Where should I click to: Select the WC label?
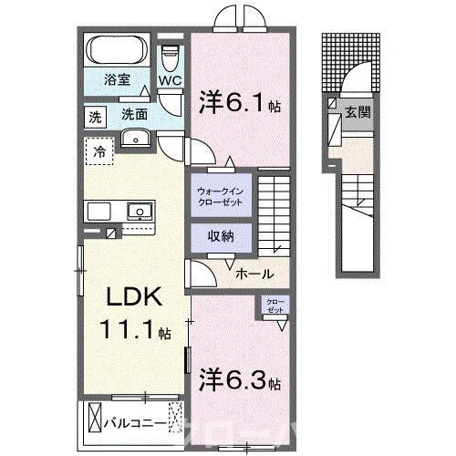171,80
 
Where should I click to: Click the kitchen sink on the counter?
140,211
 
